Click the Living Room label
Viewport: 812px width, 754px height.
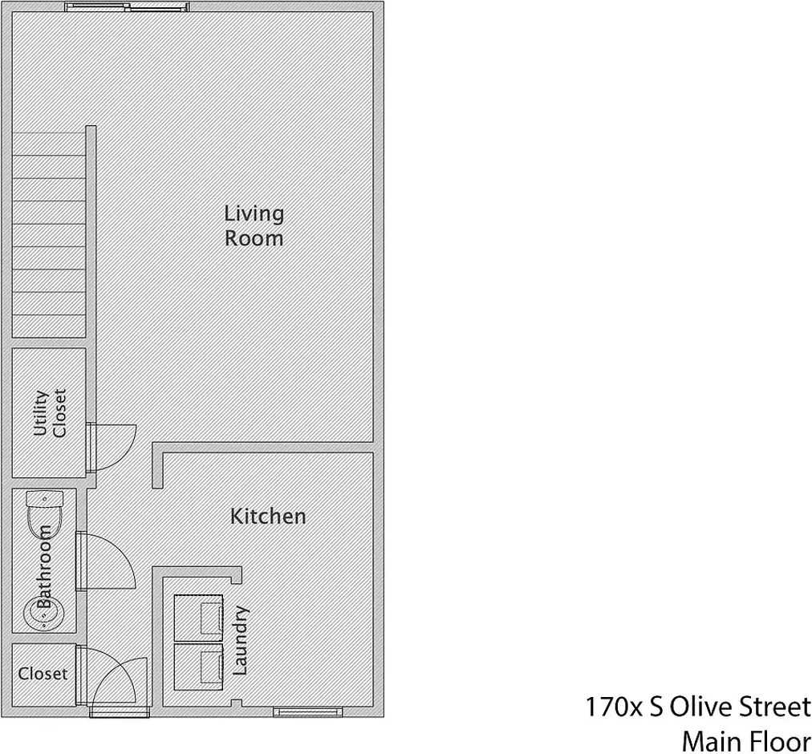[x=254, y=226]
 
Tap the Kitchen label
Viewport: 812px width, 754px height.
[x=268, y=516]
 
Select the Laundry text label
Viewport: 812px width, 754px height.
[x=241, y=641]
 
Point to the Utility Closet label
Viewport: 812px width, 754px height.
[x=50, y=413]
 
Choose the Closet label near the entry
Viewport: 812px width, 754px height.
[x=43, y=674]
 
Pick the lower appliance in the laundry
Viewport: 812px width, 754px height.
[x=198, y=666]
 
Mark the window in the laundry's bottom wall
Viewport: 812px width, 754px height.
[x=307, y=711]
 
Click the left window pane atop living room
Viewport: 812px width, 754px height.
[x=96, y=7]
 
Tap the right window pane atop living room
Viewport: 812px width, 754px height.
[x=158, y=7]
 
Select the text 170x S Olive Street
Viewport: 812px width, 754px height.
[x=696, y=707]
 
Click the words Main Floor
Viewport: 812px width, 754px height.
[x=745, y=739]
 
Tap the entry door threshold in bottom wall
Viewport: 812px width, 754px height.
[x=120, y=711]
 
